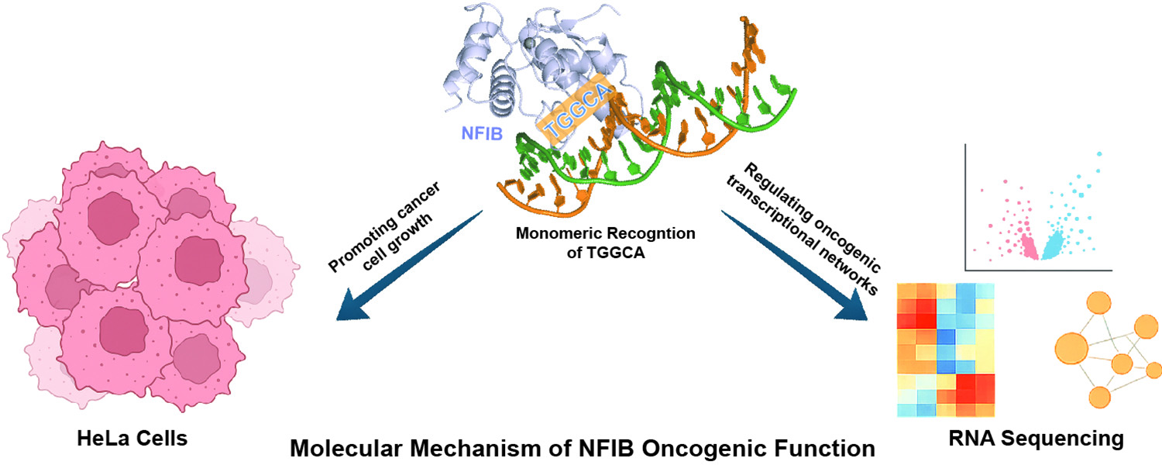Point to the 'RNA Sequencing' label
click(1036, 439)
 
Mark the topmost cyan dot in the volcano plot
click(1098, 153)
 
